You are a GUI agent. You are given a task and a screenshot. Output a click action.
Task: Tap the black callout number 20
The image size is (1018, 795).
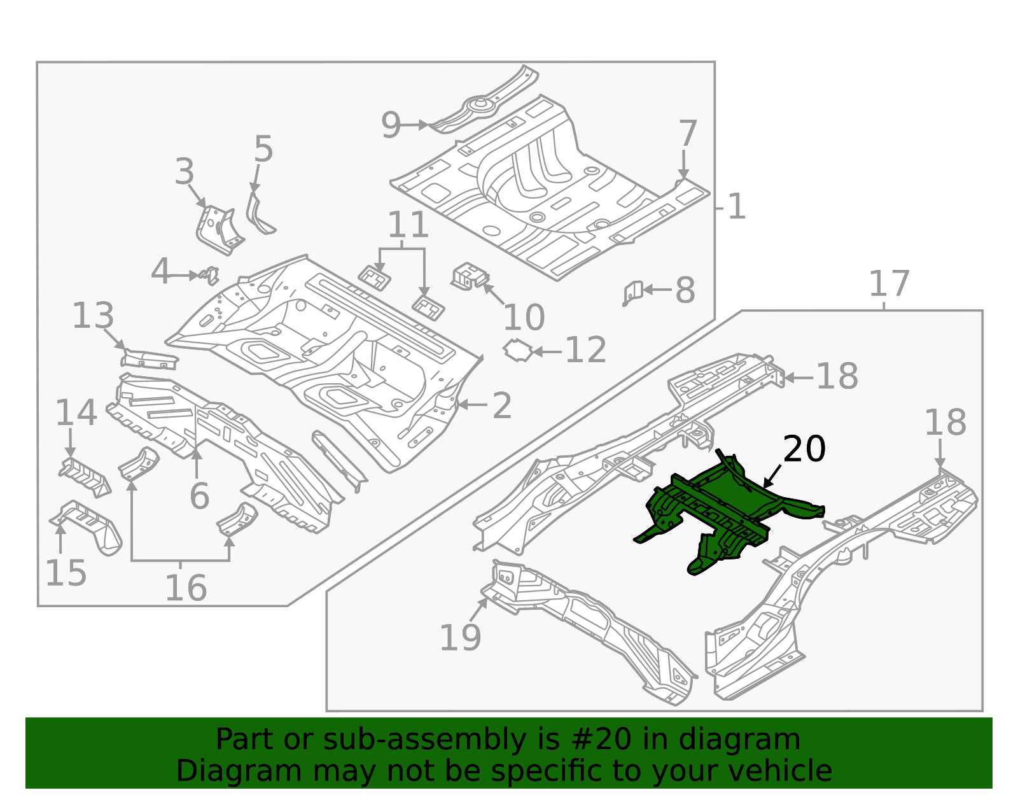[x=804, y=449]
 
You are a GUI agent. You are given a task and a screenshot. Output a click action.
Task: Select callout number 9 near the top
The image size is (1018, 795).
[x=391, y=125]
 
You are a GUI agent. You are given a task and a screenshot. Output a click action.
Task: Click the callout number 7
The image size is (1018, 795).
[x=687, y=134]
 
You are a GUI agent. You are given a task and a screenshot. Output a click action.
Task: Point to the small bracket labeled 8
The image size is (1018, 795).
[x=632, y=293]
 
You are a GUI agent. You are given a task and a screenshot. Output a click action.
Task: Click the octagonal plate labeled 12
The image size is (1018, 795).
[x=519, y=351]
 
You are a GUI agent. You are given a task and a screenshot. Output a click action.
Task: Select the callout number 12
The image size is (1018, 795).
[x=585, y=350]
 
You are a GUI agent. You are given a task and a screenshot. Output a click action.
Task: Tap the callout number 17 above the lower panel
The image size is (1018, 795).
[x=889, y=284]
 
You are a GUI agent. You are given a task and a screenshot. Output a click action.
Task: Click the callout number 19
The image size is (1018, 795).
[x=460, y=637]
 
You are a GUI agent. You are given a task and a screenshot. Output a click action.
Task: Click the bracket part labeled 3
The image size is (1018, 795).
[x=218, y=230]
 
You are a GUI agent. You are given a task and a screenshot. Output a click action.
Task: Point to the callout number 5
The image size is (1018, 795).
[x=263, y=150]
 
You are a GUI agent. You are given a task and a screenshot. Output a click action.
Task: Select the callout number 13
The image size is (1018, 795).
[x=93, y=316]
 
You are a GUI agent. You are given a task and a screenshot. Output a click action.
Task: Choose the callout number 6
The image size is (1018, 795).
[x=199, y=496]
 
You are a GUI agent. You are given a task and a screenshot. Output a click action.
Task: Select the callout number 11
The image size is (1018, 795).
[x=408, y=225]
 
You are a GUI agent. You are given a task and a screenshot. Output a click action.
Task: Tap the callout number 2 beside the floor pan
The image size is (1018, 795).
[x=501, y=405]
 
